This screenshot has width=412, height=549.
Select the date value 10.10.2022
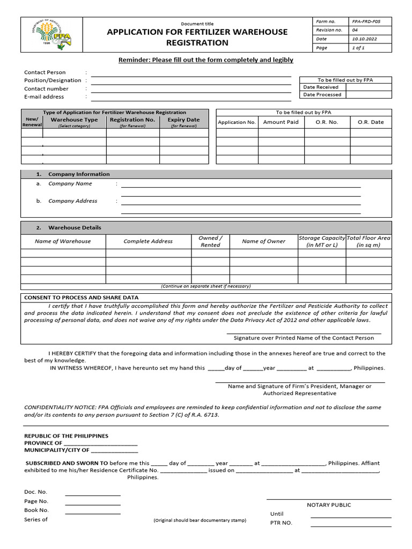[365, 39]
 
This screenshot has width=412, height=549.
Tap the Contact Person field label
[45, 72]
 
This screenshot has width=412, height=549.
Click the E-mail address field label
[44, 97]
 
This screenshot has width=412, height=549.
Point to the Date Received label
[321, 87]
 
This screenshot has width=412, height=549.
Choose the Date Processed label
[322, 95]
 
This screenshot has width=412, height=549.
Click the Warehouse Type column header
[74, 120]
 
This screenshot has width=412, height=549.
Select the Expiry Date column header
[183, 120]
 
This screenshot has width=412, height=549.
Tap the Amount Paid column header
[281, 122]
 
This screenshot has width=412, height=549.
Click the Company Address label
[72, 201]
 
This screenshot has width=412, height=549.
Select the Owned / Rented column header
[210, 241]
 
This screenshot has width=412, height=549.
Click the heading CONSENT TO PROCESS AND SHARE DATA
[81, 298]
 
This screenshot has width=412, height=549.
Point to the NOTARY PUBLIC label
[329, 505]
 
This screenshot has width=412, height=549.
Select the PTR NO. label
[281, 523]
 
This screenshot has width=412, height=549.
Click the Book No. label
[36, 510]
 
